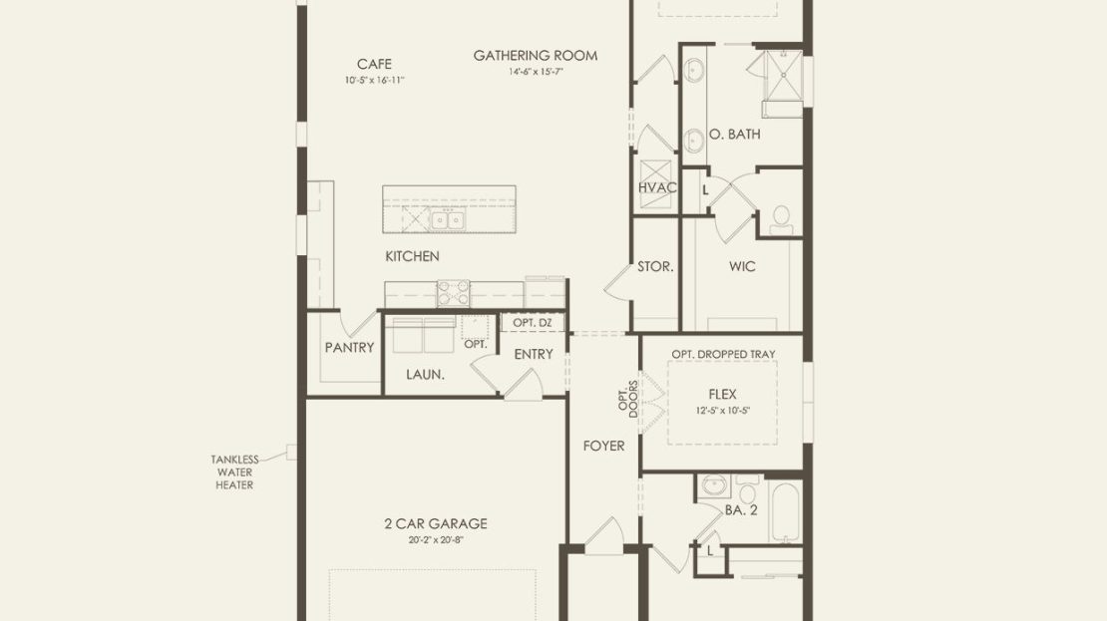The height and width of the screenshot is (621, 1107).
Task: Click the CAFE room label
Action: [374, 64]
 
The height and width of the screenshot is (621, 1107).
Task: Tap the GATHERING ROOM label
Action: [536, 55]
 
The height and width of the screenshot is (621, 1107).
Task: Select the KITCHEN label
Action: [412, 256]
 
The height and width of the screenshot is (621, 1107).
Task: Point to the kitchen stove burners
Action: [453, 293]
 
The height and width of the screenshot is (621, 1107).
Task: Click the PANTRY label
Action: [349, 347]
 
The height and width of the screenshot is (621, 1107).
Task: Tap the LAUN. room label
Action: [425, 375]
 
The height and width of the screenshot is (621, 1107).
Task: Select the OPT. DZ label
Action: [533, 323]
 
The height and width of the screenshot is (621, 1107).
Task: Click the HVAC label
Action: [657, 187]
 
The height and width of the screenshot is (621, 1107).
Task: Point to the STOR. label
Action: [655, 267]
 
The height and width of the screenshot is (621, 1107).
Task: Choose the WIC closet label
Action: [742, 266]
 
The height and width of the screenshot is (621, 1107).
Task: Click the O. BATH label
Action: [735, 135]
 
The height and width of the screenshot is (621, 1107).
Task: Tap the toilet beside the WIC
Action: [781, 220]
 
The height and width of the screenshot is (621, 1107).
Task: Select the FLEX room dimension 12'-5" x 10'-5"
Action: [722, 410]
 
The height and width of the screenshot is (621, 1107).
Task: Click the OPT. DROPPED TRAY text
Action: [724, 354]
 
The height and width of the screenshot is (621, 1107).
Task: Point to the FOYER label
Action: [603, 446]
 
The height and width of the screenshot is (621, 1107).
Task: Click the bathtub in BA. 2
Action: [785, 512]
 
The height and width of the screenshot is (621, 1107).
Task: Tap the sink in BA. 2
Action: [714, 485]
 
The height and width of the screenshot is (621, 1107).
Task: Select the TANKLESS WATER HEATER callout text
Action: [234, 472]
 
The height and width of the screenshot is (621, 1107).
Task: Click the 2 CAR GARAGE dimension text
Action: [436, 540]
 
